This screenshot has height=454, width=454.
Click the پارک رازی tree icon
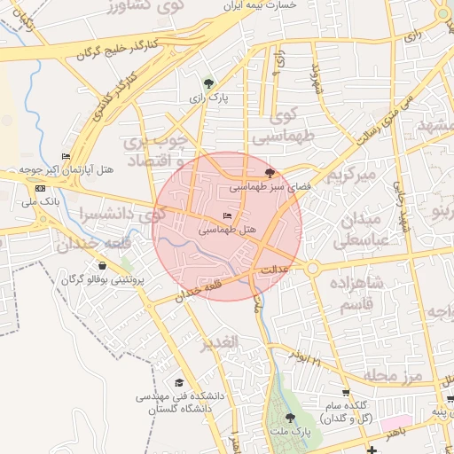(208, 83)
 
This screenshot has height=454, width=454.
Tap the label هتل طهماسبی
(226, 230)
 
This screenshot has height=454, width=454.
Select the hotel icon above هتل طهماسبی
(227, 216)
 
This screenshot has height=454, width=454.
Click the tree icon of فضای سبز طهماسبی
(270, 173)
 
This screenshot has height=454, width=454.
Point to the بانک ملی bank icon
(40, 189)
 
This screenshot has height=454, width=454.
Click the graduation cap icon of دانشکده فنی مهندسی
(179, 382)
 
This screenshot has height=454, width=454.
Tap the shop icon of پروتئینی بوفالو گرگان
(103, 265)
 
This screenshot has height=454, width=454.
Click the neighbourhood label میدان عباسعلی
(360, 230)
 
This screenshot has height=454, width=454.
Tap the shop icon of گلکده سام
(345, 393)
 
